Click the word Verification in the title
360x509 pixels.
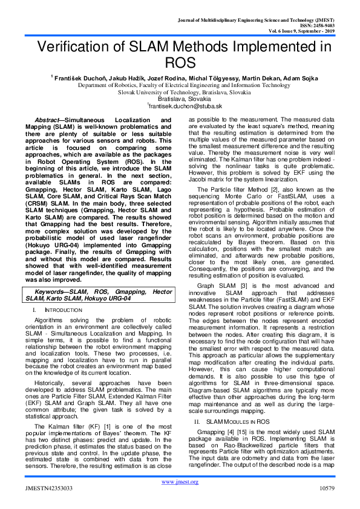[72, 47]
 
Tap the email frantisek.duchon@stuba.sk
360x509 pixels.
[181, 106]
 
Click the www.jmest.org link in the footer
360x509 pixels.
[180, 482]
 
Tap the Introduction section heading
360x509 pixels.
[65, 310]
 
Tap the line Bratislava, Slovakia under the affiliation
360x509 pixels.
[180, 99]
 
